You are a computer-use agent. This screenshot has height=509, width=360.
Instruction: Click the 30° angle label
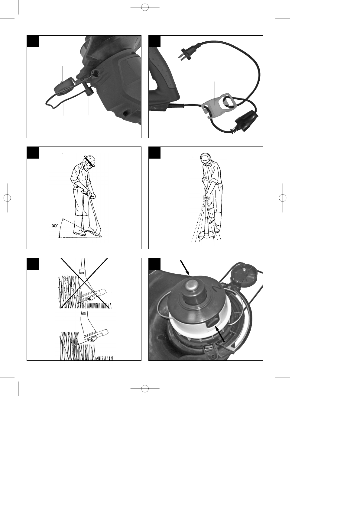tap(55, 226)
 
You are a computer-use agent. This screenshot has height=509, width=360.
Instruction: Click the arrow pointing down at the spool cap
tap(185, 267)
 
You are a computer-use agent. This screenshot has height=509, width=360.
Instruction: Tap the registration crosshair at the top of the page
tap(145, 7)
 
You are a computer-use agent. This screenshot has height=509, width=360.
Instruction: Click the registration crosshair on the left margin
tap(7, 198)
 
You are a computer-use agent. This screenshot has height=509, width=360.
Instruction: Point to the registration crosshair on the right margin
tap(283, 198)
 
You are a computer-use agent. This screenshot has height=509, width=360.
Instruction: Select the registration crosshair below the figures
tap(145, 388)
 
